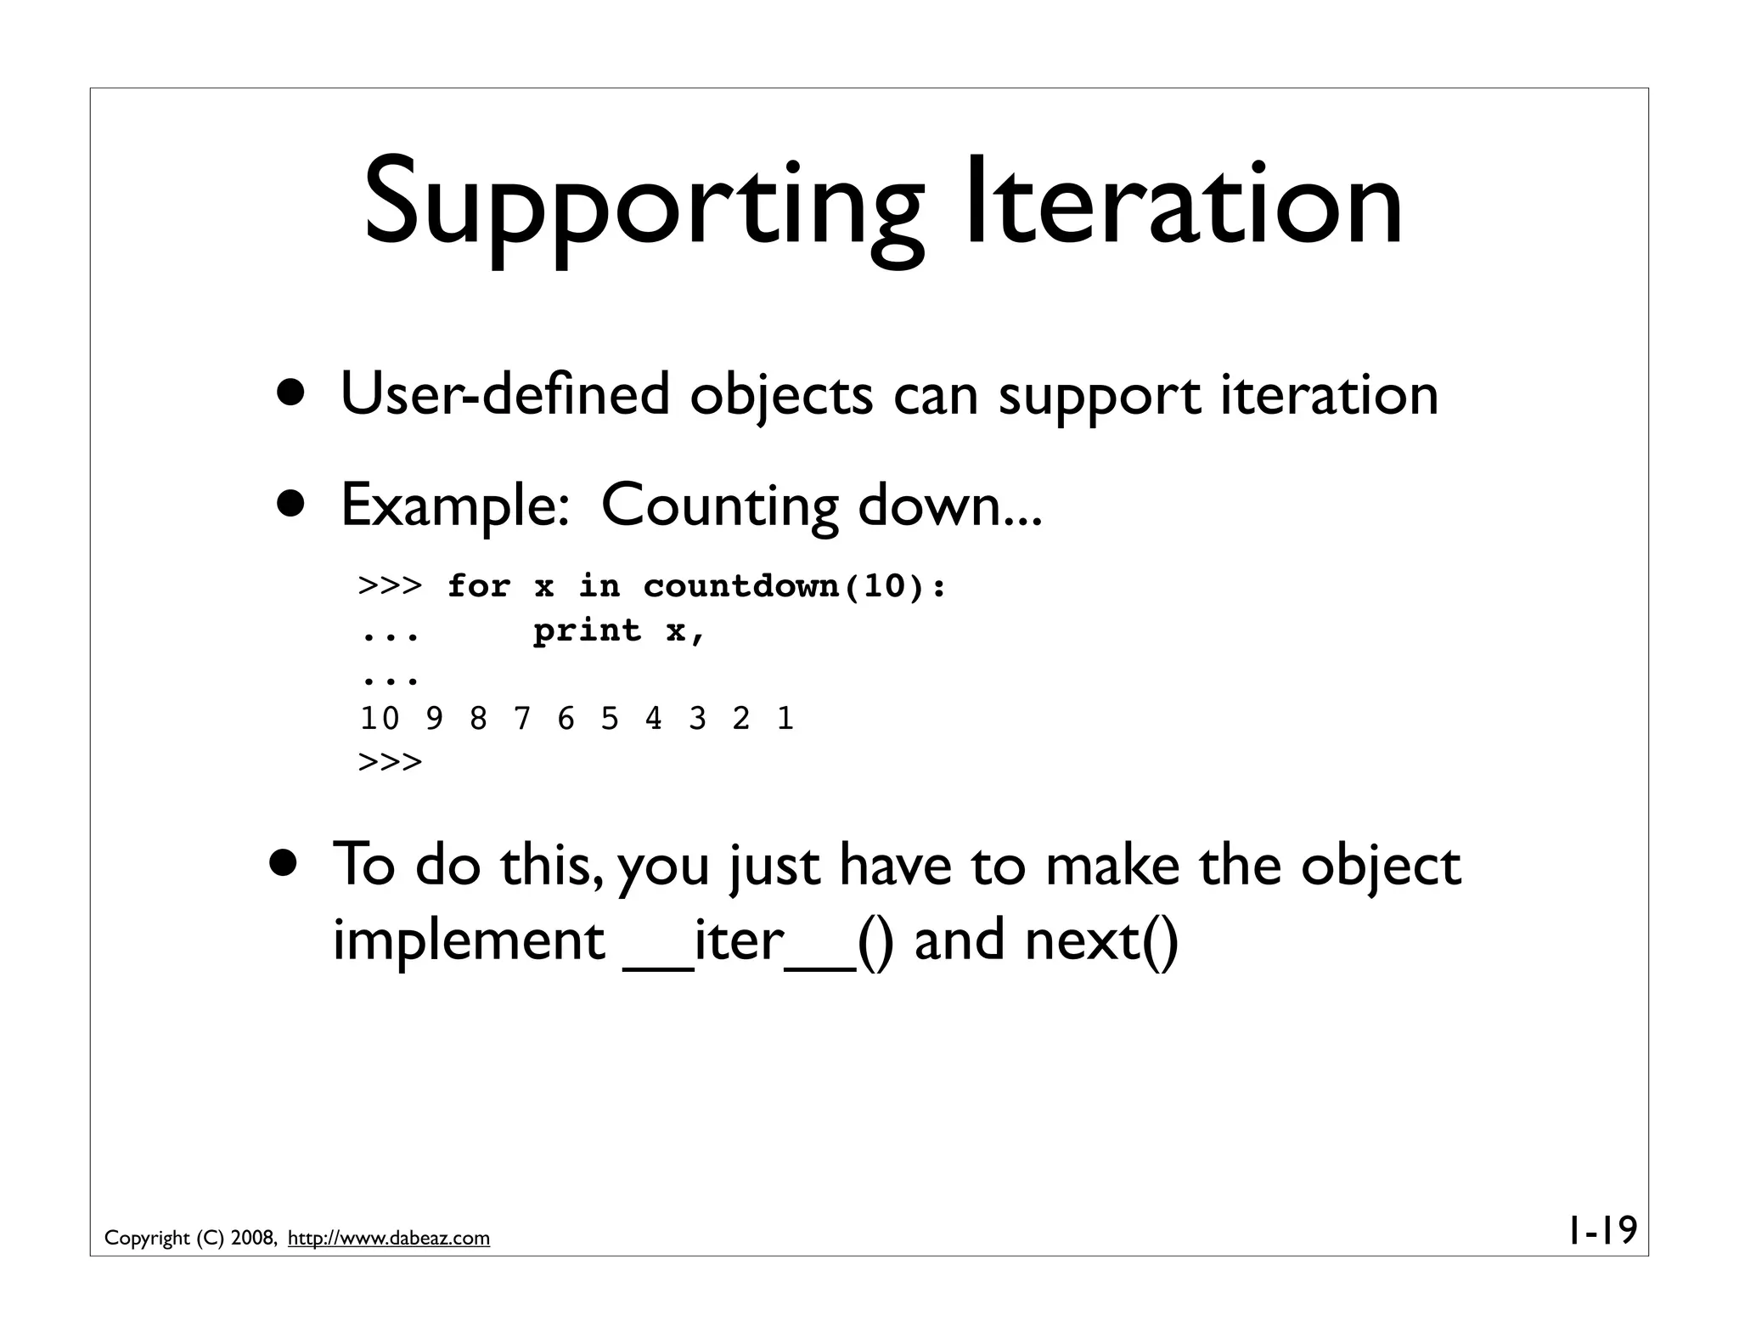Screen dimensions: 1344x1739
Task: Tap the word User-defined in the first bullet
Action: [504, 396]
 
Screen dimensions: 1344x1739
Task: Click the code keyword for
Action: [479, 586]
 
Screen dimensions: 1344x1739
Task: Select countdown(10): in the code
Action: [795, 586]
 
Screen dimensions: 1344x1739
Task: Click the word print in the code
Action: [587, 630]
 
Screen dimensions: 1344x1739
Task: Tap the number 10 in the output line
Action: [380, 720]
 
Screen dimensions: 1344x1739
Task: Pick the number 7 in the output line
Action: [522, 720]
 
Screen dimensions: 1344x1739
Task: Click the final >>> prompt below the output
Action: [390, 762]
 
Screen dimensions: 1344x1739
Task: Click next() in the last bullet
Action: [1101, 941]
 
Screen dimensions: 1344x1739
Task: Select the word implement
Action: [469, 941]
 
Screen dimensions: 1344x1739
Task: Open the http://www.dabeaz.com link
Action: [389, 1239]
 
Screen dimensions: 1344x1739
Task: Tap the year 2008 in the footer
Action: [251, 1239]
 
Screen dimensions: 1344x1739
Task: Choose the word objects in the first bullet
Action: [780, 396]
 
